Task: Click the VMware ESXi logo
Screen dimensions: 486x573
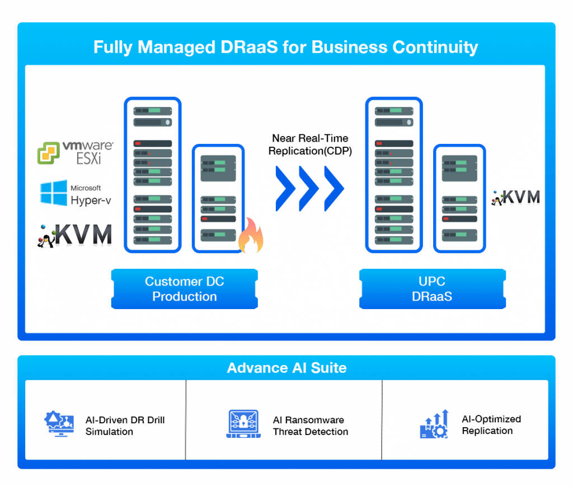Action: click(x=75, y=152)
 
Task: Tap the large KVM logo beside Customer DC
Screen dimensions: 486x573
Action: click(x=76, y=235)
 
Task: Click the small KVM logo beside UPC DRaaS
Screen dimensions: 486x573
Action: click(x=516, y=197)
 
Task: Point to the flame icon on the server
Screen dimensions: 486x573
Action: click(x=251, y=237)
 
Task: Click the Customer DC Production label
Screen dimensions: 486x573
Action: click(x=185, y=289)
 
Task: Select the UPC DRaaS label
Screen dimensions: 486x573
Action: click(x=433, y=289)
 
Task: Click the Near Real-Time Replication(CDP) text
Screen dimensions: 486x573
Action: click(x=310, y=144)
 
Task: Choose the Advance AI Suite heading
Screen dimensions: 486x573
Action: click(x=286, y=368)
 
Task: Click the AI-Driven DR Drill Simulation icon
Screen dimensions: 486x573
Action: click(x=60, y=424)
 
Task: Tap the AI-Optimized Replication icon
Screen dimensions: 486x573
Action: click(x=434, y=424)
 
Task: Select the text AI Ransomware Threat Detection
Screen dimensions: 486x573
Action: click(x=311, y=426)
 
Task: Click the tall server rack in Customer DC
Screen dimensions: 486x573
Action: click(x=153, y=174)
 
